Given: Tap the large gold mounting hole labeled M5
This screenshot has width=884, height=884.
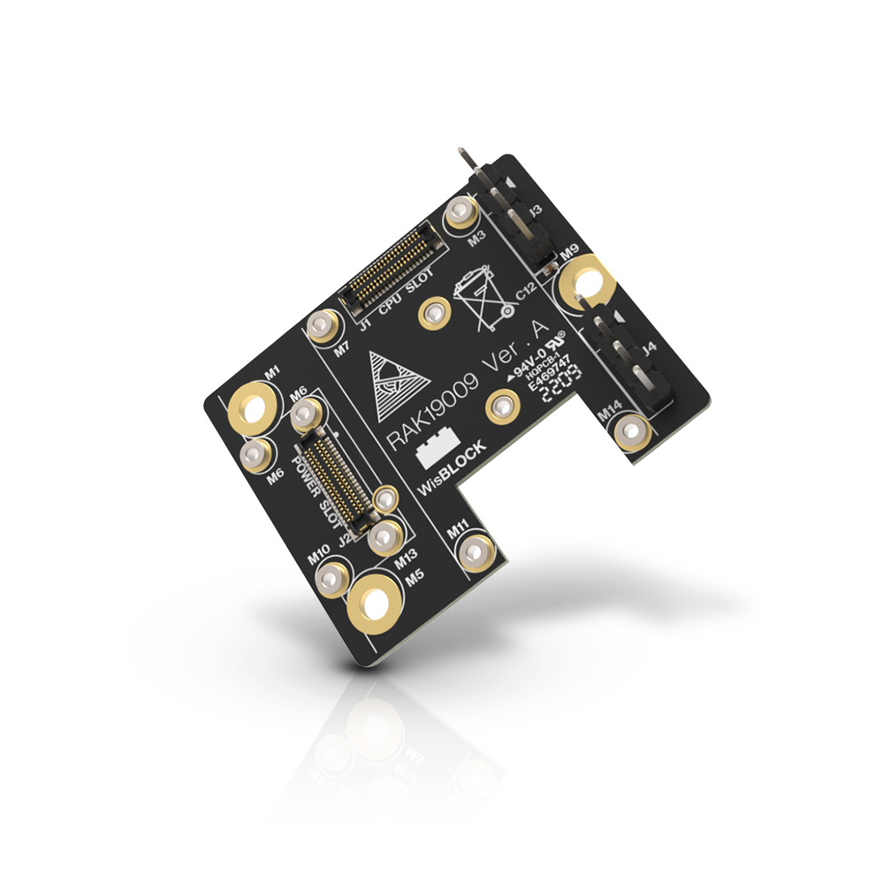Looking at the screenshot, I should (x=375, y=603).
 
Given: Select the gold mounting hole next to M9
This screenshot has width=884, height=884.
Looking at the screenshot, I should (x=586, y=284).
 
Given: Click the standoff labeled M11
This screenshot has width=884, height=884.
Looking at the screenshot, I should (x=477, y=552).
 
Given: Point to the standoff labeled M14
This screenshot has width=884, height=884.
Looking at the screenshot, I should (x=632, y=431).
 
